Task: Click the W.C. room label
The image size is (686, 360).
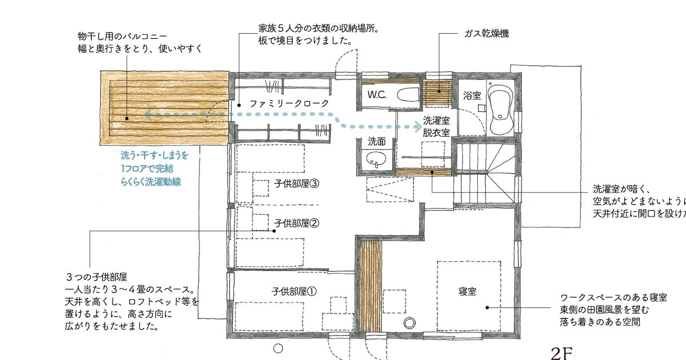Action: [377, 94]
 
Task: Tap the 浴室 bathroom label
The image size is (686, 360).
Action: [472, 96]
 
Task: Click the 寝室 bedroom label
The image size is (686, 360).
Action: [468, 291]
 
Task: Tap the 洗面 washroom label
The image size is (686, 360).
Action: [377, 141]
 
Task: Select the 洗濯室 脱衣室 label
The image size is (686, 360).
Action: [436, 126]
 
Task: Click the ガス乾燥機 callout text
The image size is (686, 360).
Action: [486, 34]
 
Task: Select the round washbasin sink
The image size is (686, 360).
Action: [376, 159]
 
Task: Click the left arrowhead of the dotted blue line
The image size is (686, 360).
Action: [147, 115]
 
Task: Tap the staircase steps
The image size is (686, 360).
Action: [483, 171]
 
